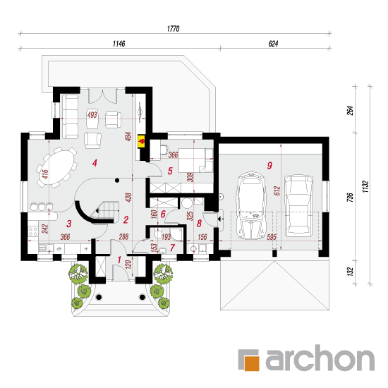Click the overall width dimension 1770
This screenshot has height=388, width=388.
[x=174, y=29]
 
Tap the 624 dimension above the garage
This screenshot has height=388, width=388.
[x=273, y=44]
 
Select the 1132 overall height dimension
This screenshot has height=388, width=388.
[x=365, y=186]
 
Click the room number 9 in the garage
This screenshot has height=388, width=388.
[x=269, y=165]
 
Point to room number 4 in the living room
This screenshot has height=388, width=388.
[x=95, y=163]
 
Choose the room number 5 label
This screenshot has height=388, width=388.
[x=170, y=171]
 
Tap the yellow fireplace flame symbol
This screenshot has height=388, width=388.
[x=142, y=142]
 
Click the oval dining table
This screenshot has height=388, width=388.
[x=56, y=166]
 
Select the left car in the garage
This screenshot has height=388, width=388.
[x=251, y=205]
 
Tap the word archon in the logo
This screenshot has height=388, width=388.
[x=320, y=358]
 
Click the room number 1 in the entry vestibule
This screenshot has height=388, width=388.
[x=119, y=260]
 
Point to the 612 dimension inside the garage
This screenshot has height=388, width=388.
[x=277, y=190]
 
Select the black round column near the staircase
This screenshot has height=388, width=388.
[x=117, y=181]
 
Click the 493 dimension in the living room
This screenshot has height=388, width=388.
[x=92, y=115]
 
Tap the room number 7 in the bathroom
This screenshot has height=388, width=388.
[x=172, y=248]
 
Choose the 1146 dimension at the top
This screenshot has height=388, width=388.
[x=119, y=44]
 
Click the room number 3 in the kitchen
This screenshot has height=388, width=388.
[x=69, y=224]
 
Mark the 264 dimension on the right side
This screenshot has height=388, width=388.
[x=351, y=111]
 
